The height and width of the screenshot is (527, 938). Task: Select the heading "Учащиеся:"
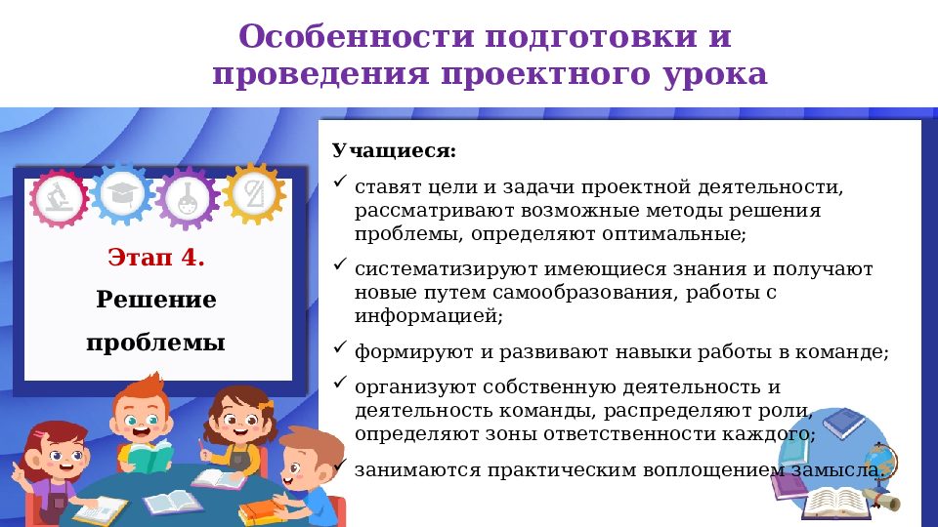coord(394,151)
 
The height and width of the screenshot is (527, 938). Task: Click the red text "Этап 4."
coord(156,259)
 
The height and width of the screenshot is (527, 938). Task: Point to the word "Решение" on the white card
coord(156,300)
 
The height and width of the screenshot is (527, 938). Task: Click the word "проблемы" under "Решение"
coord(156,343)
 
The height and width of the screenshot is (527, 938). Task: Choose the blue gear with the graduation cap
coord(124,193)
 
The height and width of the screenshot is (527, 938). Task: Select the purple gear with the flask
coord(187,198)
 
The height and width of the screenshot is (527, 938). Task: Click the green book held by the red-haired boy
coord(149,457)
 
